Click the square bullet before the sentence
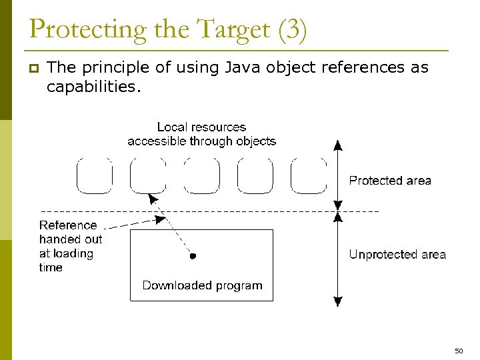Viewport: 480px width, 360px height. click(34, 68)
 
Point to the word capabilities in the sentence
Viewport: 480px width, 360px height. click(94, 86)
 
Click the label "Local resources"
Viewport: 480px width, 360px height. click(201, 127)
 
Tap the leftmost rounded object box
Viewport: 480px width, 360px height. click(95, 175)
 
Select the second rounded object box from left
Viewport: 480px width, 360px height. click(148, 175)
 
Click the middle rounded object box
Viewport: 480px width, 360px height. click(201, 175)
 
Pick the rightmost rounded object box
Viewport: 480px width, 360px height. click(309, 175)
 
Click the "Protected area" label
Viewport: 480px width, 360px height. click(390, 181)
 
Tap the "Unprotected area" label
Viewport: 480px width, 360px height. click(397, 255)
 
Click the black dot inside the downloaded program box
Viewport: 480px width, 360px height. click(193, 255)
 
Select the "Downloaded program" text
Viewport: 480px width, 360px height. click(202, 285)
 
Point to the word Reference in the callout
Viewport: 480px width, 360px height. click(68, 225)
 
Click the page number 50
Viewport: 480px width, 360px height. click(459, 351)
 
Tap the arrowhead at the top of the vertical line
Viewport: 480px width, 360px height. click(338, 145)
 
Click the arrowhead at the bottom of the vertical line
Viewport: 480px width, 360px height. click(338, 301)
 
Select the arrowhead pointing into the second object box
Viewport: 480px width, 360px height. click(153, 199)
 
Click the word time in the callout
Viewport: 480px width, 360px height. click(51, 267)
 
